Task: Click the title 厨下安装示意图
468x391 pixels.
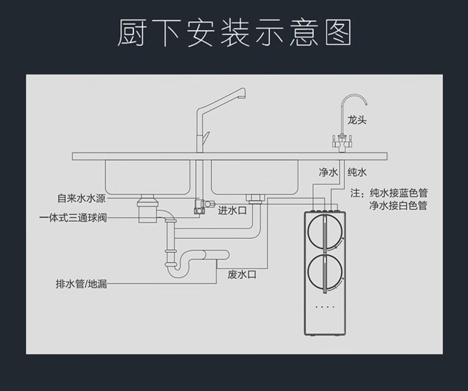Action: click(234, 33)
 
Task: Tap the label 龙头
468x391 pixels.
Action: click(357, 120)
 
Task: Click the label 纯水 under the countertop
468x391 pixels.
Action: click(357, 172)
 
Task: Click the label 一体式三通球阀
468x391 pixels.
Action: click(73, 218)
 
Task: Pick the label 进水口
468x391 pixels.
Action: click(232, 211)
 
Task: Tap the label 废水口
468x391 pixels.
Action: click(241, 275)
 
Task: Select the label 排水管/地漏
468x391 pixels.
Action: click(81, 285)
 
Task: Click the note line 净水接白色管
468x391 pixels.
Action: click(398, 205)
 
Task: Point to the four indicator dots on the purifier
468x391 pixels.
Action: click(325, 307)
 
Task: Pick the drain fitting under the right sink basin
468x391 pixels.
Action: click(254, 197)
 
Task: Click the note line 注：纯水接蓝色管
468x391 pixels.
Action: click(389, 194)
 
